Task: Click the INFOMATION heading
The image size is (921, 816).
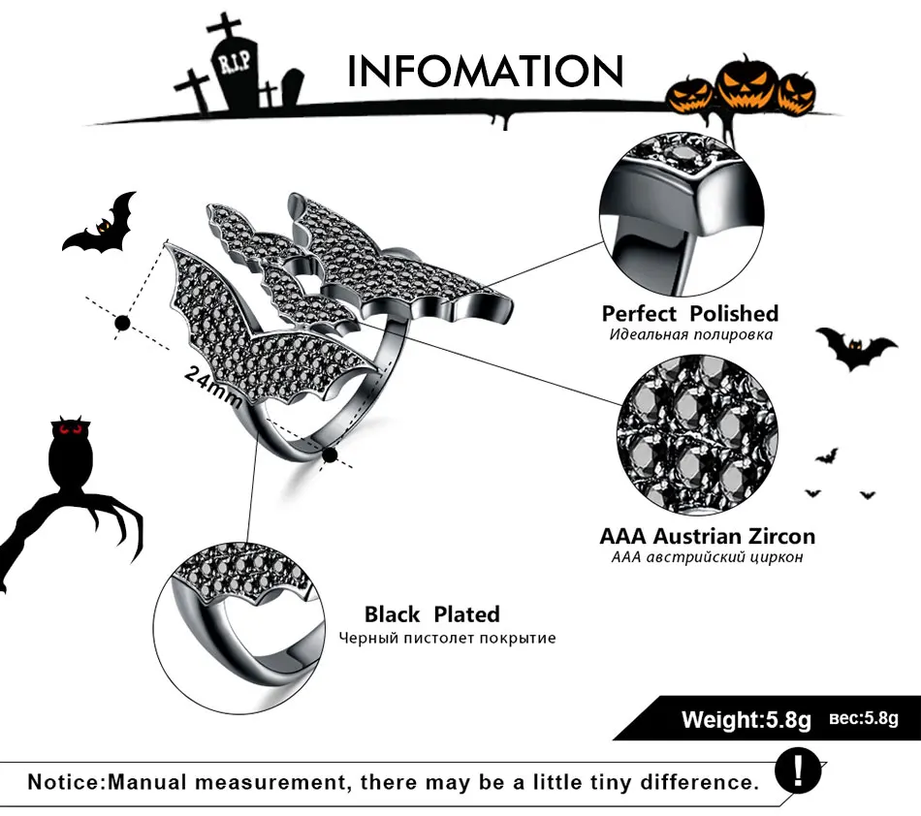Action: [x=485, y=71]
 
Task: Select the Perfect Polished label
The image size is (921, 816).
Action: [x=690, y=313]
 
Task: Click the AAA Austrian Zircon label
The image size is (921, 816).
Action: [x=707, y=536]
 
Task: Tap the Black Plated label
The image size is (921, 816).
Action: [x=431, y=614]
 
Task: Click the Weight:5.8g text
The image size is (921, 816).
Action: [x=746, y=719]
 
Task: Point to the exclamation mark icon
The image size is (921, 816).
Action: [x=798, y=770]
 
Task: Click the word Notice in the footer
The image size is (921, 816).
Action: [x=64, y=782]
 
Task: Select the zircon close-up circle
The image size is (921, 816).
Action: [x=698, y=434]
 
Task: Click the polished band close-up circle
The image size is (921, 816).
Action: [x=682, y=214]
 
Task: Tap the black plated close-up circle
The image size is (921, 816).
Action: [x=239, y=628]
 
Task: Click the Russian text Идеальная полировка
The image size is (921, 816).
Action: [x=690, y=334]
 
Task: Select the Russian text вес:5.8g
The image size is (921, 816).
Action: [x=864, y=718]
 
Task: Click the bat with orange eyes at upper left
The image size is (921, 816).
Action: [x=99, y=225]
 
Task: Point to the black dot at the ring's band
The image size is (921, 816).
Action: [x=330, y=455]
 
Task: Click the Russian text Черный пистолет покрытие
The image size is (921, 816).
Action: [x=447, y=638]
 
